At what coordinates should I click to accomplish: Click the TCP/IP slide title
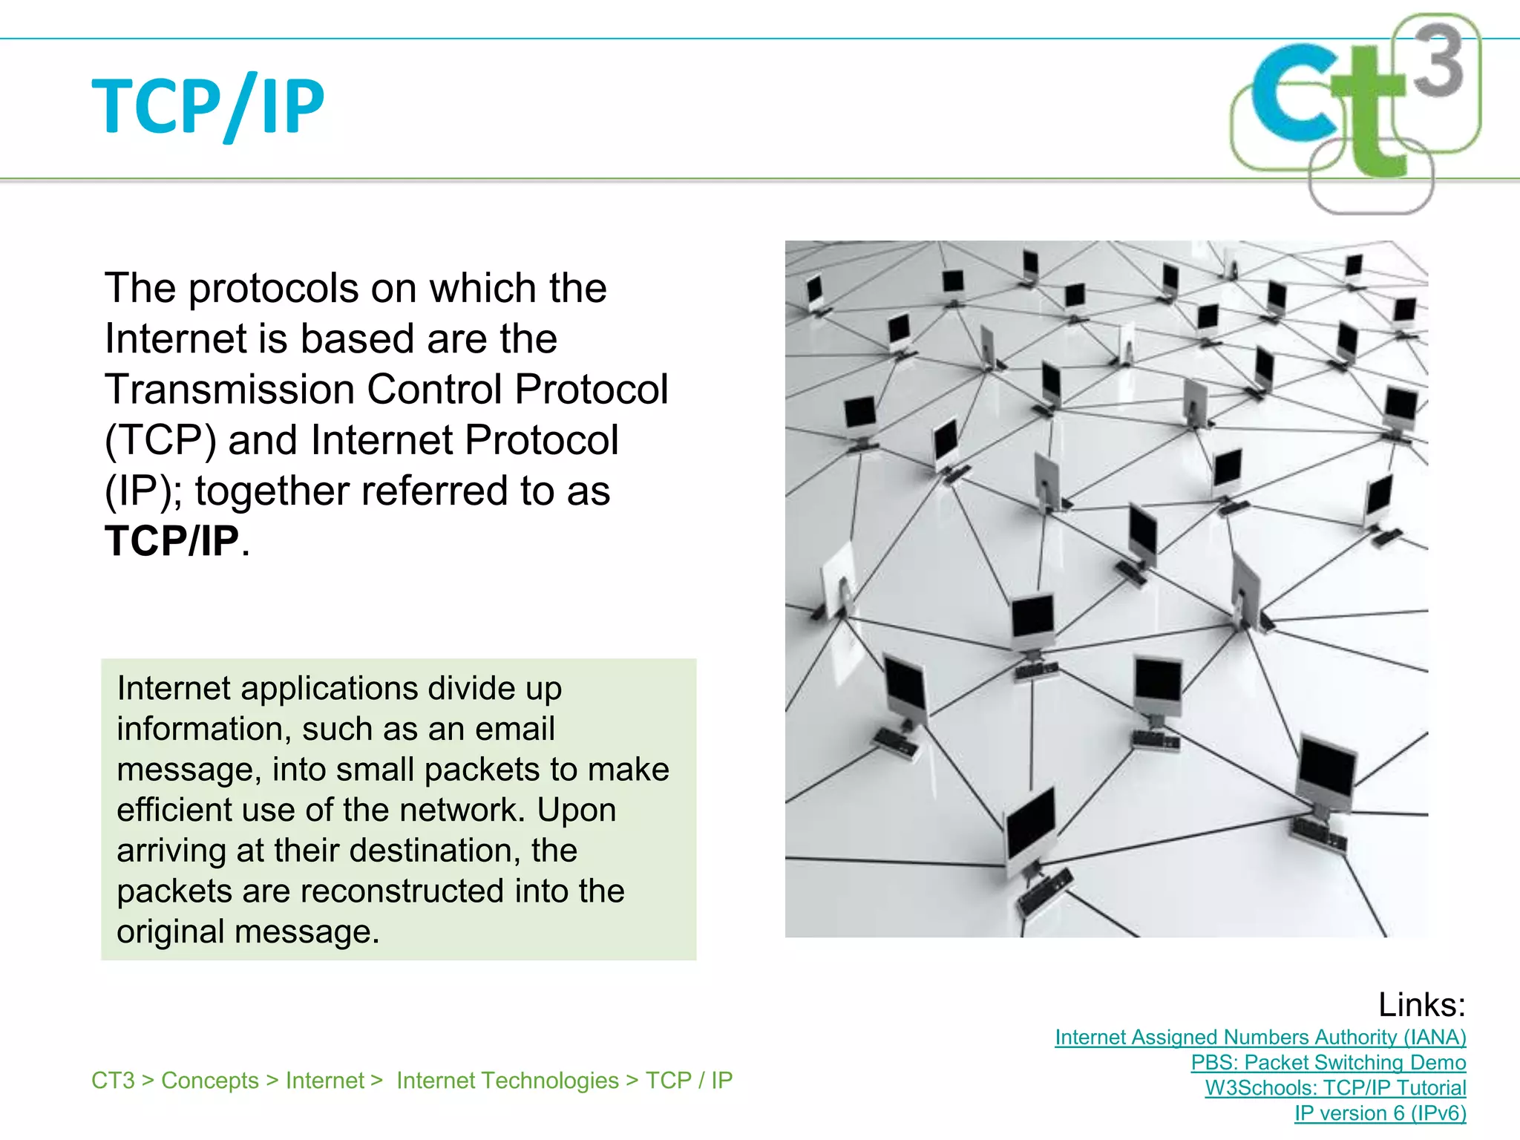(x=208, y=105)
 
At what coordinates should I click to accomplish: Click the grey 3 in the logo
(x=1438, y=61)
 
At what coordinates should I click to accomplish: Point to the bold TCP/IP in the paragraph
(x=171, y=540)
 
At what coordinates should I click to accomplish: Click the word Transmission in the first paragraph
(x=230, y=389)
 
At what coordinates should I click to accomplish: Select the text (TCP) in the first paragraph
(x=160, y=440)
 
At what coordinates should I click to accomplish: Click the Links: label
(x=1421, y=1005)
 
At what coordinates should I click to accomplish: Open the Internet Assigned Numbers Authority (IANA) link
(x=1260, y=1037)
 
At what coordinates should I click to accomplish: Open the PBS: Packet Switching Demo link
(x=1328, y=1062)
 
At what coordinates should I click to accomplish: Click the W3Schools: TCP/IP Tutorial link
(x=1335, y=1087)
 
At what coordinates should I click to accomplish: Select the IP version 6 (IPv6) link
(x=1380, y=1113)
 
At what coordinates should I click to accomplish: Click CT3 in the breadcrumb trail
(x=113, y=1081)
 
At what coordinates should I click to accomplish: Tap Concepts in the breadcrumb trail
(x=210, y=1081)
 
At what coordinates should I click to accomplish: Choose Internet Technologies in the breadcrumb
(x=507, y=1081)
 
